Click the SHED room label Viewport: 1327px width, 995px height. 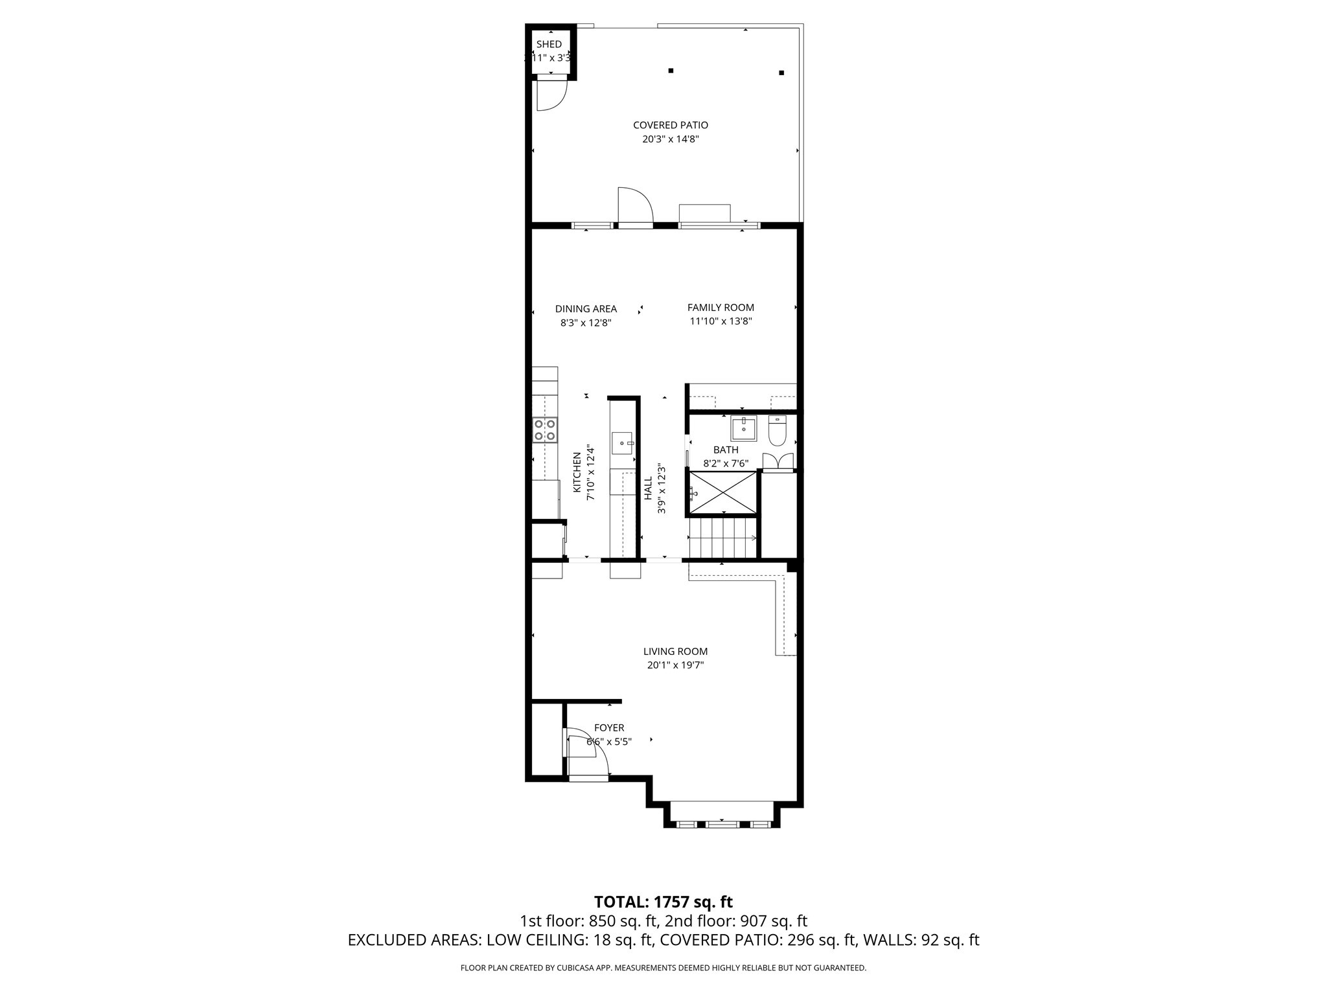pos(549,44)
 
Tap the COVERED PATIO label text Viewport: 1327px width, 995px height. pos(670,125)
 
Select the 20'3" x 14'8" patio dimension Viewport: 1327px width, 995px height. pos(670,139)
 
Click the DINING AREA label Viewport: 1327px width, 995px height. pos(586,309)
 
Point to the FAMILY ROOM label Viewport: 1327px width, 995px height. pos(721,308)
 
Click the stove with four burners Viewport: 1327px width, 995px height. pos(544,430)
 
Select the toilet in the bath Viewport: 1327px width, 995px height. pos(777,431)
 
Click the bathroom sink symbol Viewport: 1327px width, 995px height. pos(743,428)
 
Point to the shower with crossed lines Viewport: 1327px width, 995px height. pos(722,494)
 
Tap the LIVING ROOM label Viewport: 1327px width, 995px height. pos(675,652)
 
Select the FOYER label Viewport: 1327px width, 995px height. pos(609,728)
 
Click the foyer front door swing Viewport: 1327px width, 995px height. pos(586,755)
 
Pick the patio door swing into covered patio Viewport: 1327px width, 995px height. pos(634,206)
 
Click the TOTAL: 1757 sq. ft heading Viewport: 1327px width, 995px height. pos(663,902)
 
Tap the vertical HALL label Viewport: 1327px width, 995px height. pos(648,488)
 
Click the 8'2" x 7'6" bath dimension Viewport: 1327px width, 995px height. pos(726,464)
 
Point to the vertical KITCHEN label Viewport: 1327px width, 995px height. pos(577,472)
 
